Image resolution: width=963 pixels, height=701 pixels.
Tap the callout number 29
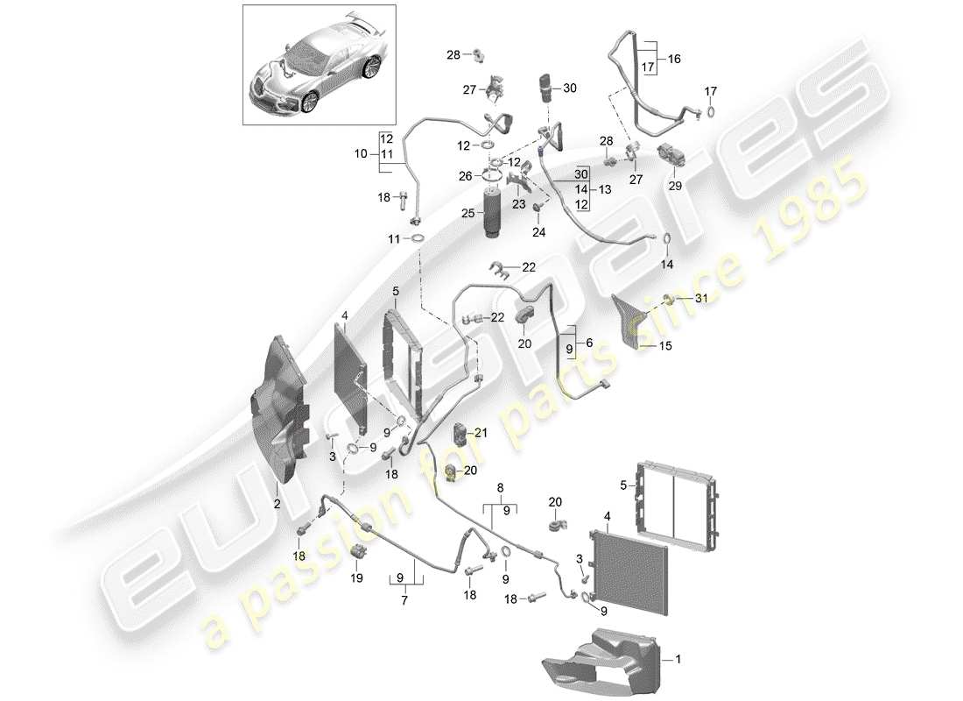(x=673, y=187)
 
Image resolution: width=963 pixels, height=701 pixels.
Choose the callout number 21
(x=481, y=432)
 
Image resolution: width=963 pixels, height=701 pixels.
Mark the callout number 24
(x=538, y=232)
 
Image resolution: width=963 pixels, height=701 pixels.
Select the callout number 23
(x=518, y=204)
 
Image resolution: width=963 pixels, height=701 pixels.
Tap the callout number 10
(x=361, y=154)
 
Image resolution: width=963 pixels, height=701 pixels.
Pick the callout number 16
(x=674, y=59)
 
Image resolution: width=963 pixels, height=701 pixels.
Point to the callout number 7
(x=404, y=601)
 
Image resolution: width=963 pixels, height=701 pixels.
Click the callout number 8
(x=500, y=487)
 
